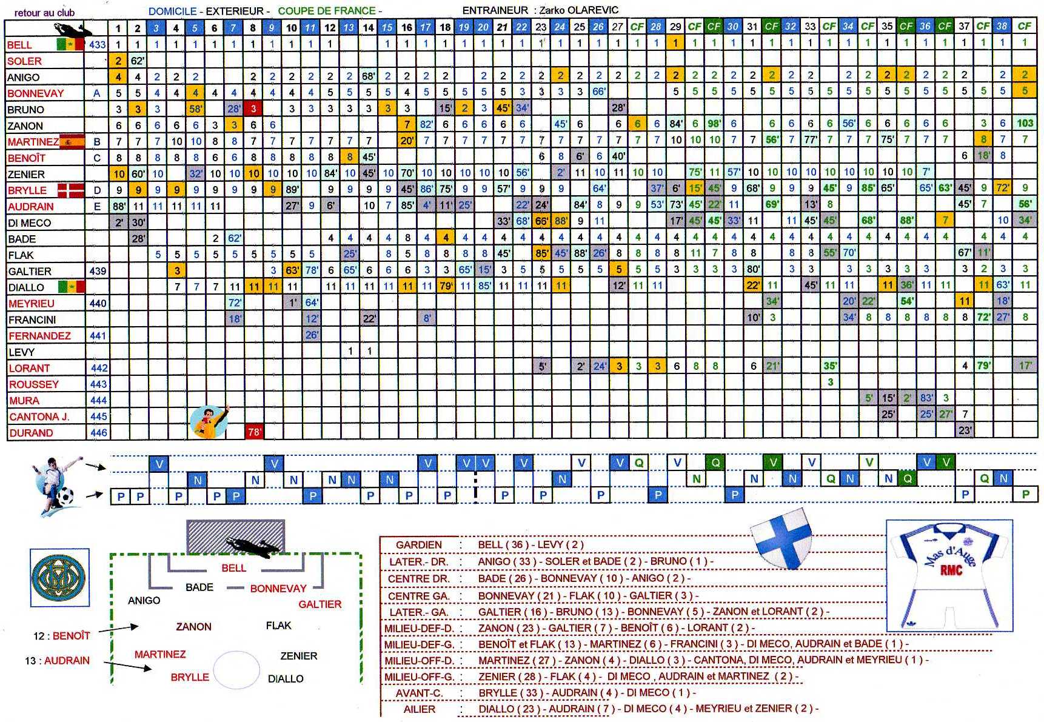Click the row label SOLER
point(24,61)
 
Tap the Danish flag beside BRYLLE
point(70,190)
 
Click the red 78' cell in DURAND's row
point(253,432)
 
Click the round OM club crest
point(59,577)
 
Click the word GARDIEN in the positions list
point(418,544)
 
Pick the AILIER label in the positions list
point(419,709)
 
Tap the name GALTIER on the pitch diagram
point(320,604)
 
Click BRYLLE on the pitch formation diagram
point(189,677)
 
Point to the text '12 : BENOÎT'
point(61,636)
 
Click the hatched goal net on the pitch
point(235,536)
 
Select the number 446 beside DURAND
point(98,433)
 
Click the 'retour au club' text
point(44,12)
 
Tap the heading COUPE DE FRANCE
point(327,11)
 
